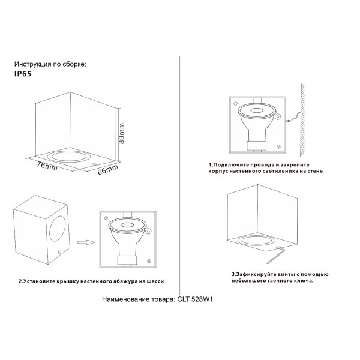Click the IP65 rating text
(22, 76)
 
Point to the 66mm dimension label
(107, 169)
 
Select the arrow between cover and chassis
(87, 242)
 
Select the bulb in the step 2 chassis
(127, 237)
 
